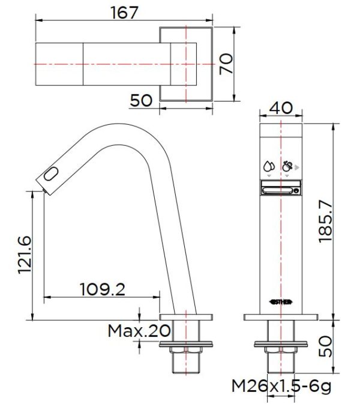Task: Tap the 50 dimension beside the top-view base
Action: tap(141, 100)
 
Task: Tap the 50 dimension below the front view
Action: tap(325, 346)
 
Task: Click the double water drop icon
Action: tap(268, 165)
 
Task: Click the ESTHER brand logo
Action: tap(281, 303)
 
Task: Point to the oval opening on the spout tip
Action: tap(52, 175)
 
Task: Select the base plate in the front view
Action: tap(281, 318)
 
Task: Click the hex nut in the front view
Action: tap(281, 350)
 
